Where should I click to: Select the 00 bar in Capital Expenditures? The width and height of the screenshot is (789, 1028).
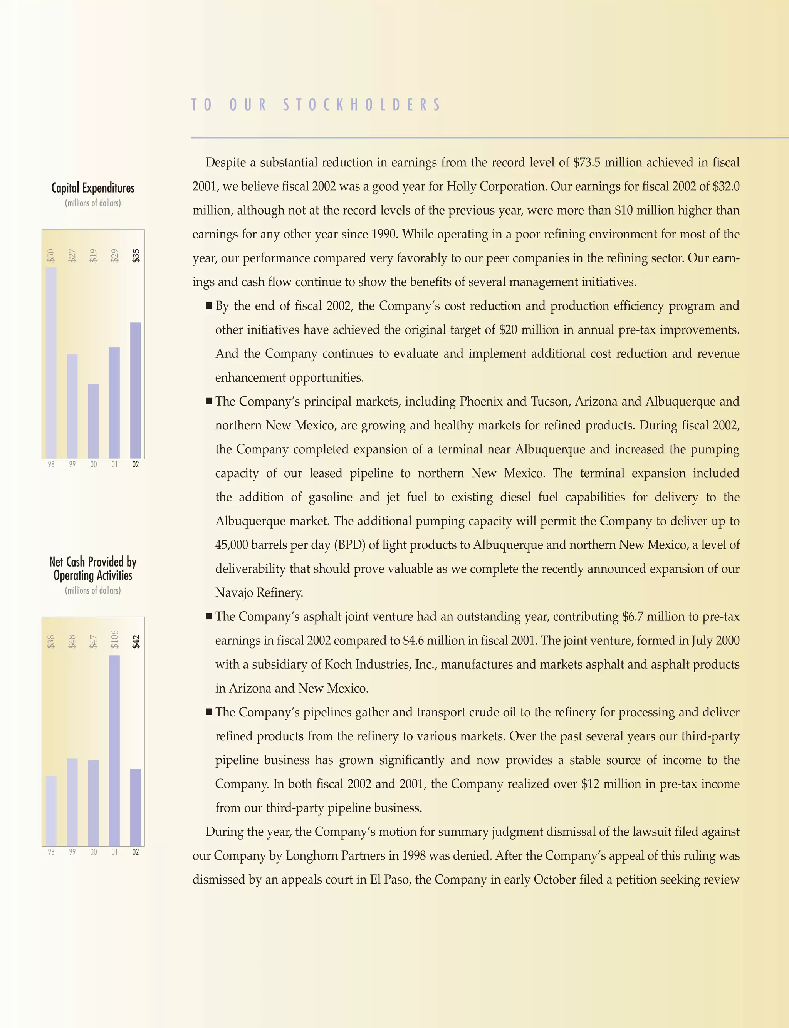pyautogui.click(x=94, y=421)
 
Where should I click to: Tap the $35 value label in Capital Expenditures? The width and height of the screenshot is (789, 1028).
pyautogui.click(x=136, y=256)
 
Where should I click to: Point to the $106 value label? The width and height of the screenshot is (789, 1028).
pyautogui.click(x=114, y=639)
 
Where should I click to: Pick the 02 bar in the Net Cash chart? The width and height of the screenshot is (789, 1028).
pyautogui.click(x=135, y=807)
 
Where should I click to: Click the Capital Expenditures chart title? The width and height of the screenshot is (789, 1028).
pyautogui.click(x=93, y=188)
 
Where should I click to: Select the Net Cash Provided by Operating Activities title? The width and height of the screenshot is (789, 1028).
pyautogui.click(x=93, y=569)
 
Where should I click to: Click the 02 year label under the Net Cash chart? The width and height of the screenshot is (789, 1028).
pyautogui.click(x=135, y=852)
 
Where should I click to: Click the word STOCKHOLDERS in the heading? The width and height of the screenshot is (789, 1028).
pyautogui.click(x=362, y=105)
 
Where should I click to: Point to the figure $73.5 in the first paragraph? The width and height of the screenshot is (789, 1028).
pyautogui.click(x=587, y=163)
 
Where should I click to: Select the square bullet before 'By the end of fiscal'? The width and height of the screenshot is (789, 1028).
pyautogui.click(x=209, y=306)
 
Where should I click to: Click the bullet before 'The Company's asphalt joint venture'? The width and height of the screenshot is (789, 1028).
pyautogui.click(x=209, y=616)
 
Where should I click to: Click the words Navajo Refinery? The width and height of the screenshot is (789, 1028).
pyautogui.click(x=259, y=593)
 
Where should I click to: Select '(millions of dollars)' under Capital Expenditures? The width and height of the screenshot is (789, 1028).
pyautogui.click(x=93, y=203)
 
